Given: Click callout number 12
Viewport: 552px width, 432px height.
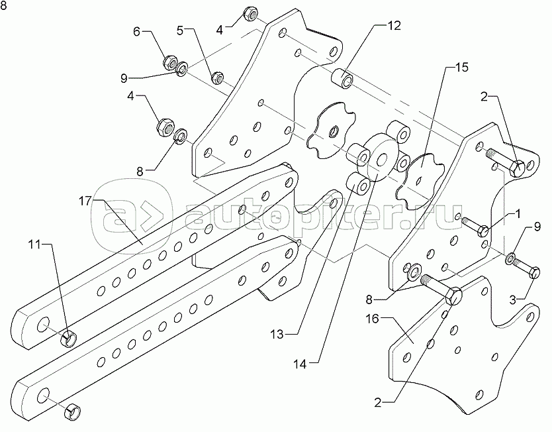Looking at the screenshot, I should (x=394, y=27).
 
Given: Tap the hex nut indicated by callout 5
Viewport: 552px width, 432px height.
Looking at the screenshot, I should (x=216, y=78).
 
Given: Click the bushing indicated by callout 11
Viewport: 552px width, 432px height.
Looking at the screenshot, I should (x=69, y=341).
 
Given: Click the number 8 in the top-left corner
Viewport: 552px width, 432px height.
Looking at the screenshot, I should (x=5, y=6).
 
